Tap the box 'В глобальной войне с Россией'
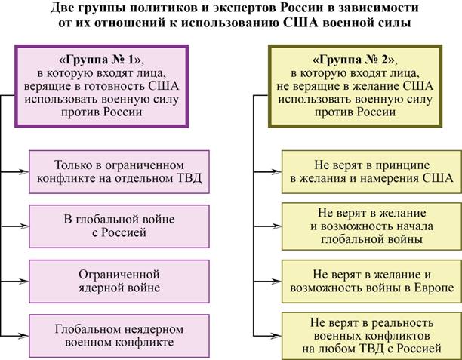[119, 226]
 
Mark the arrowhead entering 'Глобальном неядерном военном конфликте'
[25, 333]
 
